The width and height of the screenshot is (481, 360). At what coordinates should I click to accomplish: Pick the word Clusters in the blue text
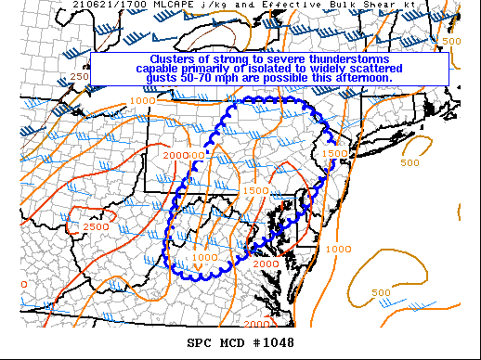coord(151,58)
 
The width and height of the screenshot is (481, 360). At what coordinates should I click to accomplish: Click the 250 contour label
coord(79,76)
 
